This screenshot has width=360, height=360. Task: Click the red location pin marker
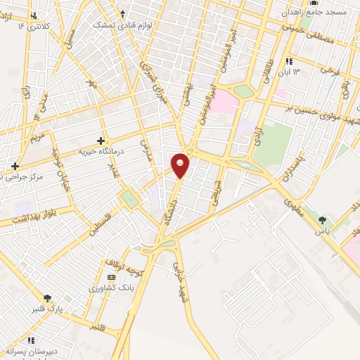[x=181, y=165]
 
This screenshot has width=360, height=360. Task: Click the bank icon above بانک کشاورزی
[x=112, y=277]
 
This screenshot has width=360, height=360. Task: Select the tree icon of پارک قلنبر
[x=48, y=299]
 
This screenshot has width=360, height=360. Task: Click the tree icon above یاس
[x=323, y=220]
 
